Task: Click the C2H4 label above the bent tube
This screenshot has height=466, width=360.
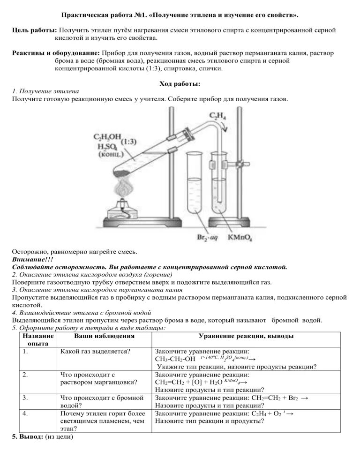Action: tap(217, 115)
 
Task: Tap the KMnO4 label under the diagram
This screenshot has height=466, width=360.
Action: tap(241, 238)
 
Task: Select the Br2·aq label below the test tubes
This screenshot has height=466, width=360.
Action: tap(206, 238)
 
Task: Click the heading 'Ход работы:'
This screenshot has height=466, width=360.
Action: tap(180, 83)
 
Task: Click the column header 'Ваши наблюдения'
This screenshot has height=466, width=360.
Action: tap(104, 336)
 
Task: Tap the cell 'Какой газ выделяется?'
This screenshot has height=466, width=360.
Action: tap(96, 352)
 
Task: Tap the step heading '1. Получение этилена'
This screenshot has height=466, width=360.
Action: tap(45, 91)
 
